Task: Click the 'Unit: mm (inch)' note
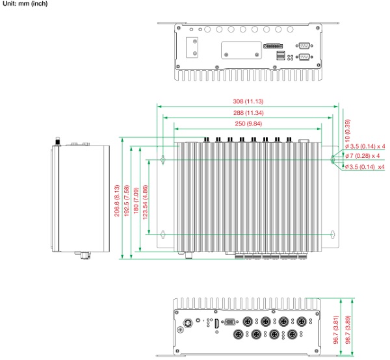25,4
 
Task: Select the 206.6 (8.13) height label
118,199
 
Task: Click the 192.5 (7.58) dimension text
127,199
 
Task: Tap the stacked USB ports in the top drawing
280,57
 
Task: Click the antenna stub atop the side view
58,141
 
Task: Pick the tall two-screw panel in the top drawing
194,48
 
